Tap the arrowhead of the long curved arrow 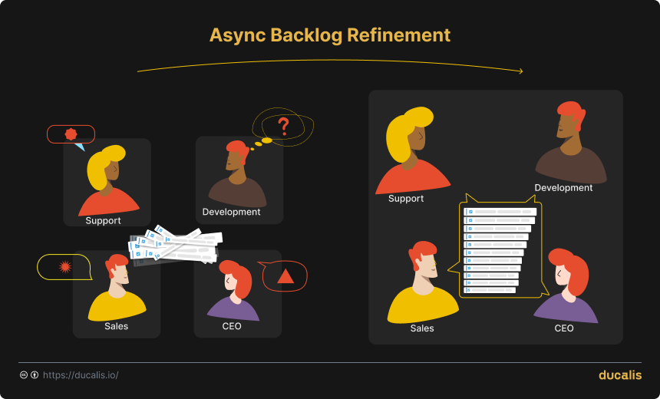[520, 71]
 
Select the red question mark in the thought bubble [283, 125]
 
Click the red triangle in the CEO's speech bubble [285, 276]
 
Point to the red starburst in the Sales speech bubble [65, 267]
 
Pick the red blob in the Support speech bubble [71, 134]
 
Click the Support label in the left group [104, 221]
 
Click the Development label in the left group [231, 212]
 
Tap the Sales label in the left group [117, 326]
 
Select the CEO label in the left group [231, 326]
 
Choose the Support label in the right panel [406, 199]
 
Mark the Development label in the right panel [563, 188]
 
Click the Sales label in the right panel [422, 328]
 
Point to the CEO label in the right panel [564, 328]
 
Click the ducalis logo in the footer [619, 375]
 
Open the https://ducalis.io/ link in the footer [81, 375]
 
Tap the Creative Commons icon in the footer [24, 375]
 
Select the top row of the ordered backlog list [500, 211]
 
